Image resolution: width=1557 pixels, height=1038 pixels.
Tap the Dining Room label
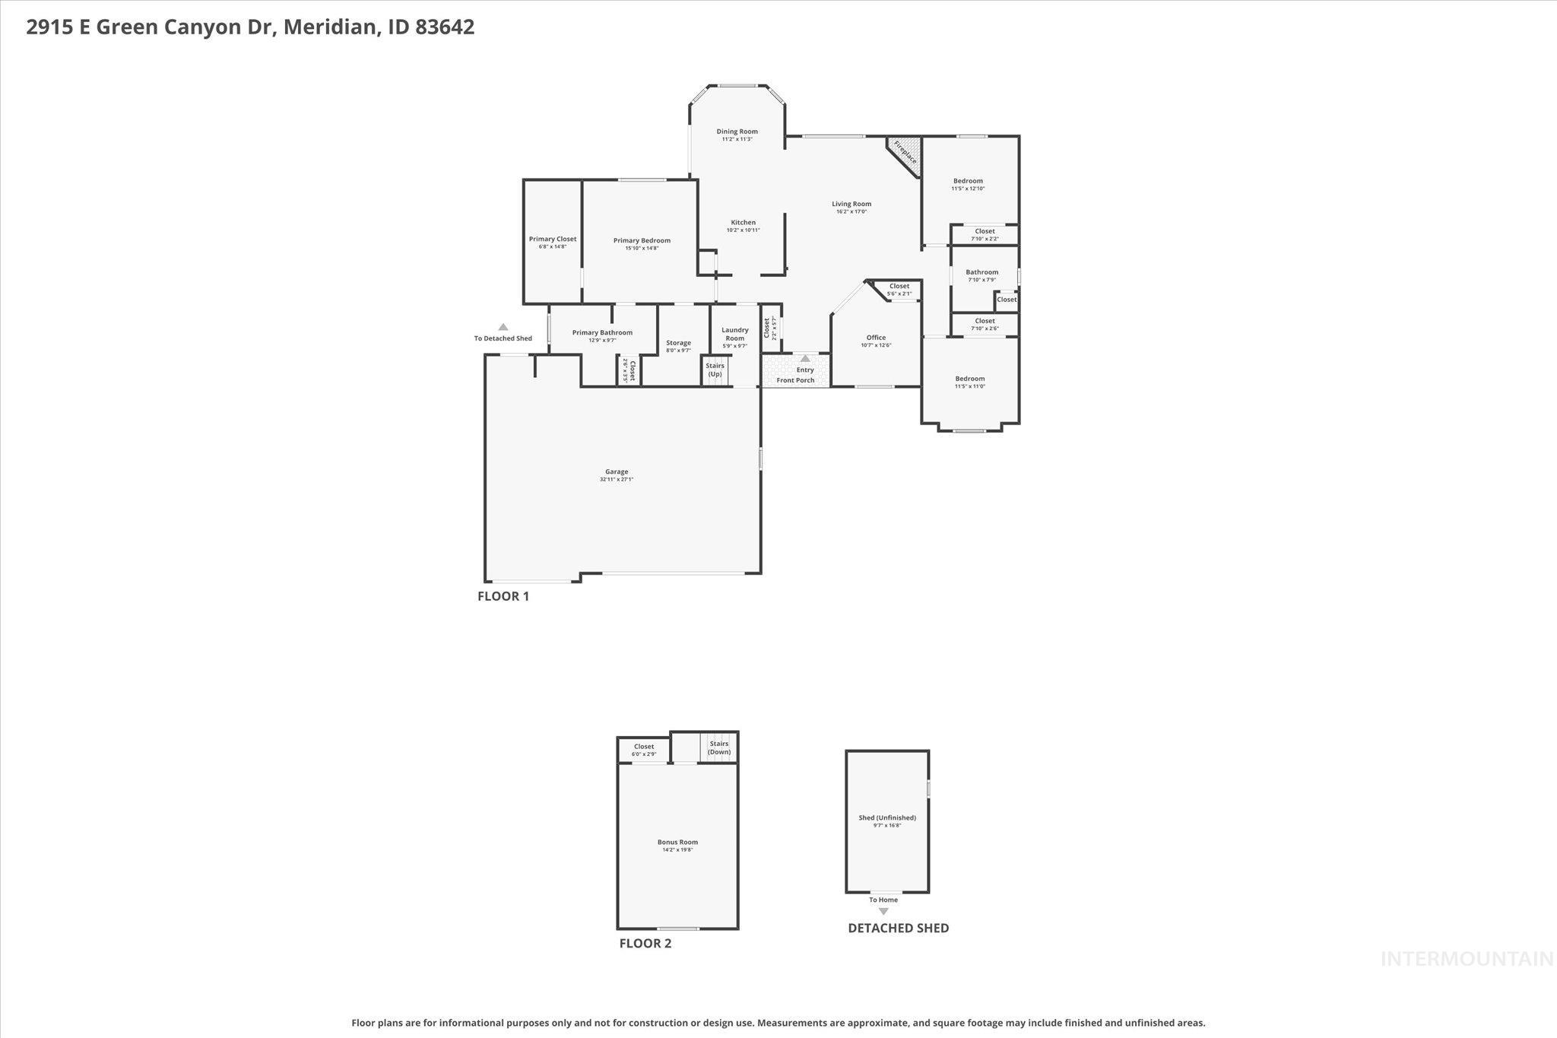click(737, 132)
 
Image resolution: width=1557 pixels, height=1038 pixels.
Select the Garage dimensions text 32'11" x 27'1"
click(616, 480)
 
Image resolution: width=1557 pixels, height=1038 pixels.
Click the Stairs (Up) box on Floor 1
click(715, 370)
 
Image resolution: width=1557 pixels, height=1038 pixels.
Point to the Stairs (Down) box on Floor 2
click(718, 748)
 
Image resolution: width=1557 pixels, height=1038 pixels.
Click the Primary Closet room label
click(553, 239)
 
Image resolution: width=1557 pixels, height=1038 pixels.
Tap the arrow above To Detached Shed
click(503, 327)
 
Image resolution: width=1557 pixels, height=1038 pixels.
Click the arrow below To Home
click(883, 911)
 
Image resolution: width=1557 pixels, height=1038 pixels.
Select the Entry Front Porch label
click(796, 375)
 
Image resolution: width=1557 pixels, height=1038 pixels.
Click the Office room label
click(876, 338)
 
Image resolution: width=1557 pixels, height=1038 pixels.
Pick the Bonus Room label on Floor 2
click(677, 842)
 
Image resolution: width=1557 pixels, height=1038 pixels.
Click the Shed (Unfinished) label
click(887, 817)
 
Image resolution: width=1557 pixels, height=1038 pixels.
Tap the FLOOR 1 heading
click(503, 596)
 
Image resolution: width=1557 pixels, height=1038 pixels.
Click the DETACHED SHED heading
click(898, 928)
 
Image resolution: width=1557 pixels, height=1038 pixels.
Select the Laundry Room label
click(734, 334)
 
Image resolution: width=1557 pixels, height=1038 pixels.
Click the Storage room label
click(678, 343)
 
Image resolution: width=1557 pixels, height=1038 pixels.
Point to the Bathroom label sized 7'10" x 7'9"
click(981, 272)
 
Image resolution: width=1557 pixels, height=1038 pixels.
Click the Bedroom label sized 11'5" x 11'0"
click(969, 379)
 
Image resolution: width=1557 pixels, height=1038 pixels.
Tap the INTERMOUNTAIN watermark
click(1467, 959)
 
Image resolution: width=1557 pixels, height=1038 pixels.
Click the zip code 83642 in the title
click(445, 27)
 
